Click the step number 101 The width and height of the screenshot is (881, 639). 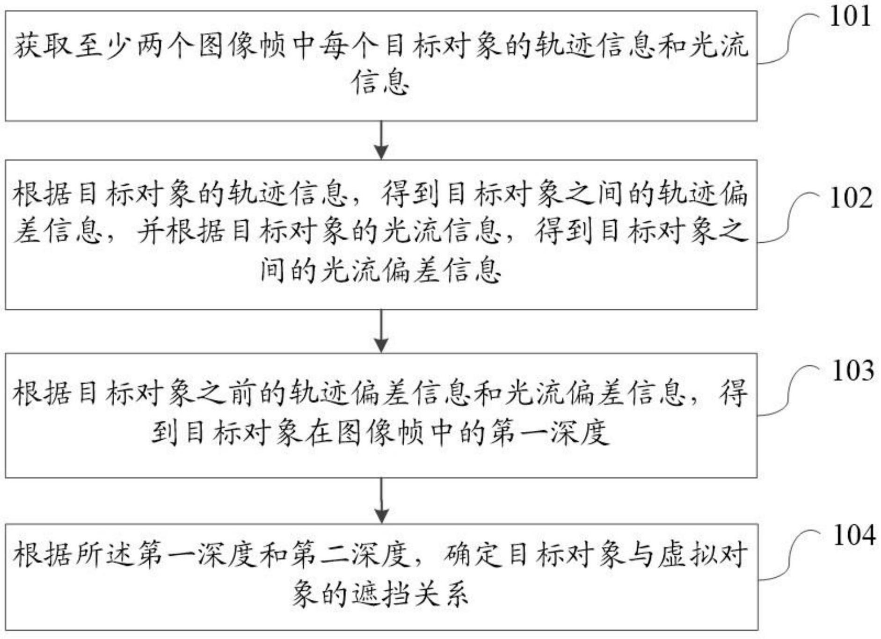(850, 16)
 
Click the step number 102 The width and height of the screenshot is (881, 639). (851, 198)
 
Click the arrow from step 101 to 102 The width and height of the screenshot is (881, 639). (381, 140)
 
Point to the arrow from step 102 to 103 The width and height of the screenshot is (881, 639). (381, 331)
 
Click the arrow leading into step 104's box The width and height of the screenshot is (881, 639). (381, 501)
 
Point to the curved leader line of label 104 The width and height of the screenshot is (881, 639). (791, 557)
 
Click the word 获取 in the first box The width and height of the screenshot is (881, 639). (43, 47)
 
